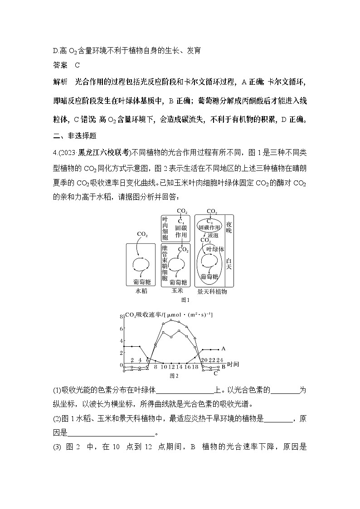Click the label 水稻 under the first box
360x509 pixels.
[141, 291]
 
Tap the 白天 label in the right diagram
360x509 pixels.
[229, 264]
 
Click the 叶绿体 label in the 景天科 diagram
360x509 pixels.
[215, 249]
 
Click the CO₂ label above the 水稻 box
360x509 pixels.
[142, 234]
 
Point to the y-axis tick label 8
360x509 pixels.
[121, 316]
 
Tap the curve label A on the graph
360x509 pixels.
[224, 349]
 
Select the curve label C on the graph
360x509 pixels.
[216, 373]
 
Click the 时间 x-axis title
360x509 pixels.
[233, 364]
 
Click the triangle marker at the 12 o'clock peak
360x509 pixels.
[171, 320]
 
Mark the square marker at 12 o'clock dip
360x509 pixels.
[171, 337]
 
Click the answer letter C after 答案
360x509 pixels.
[78, 65]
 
